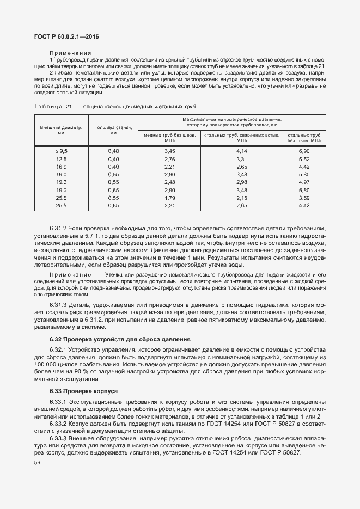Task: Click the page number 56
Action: tap(37, 463)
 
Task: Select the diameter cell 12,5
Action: tap(61, 158)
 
